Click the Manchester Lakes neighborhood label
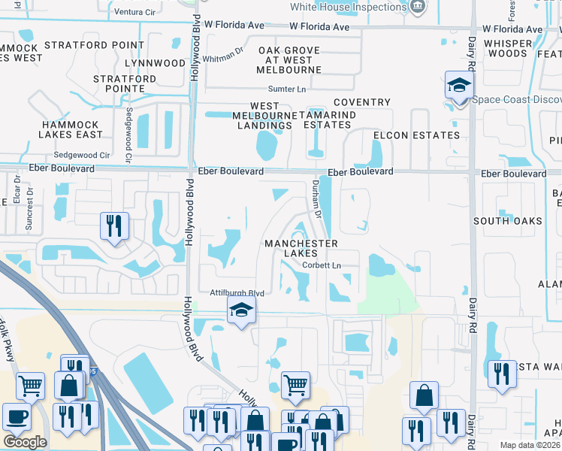[x=301, y=249]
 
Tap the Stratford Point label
[x=94, y=45]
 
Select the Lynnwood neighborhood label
[x=155, y=63]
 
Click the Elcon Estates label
[x=416, y=135]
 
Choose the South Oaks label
[x=508, y=221]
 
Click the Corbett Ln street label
[x=322, y=265]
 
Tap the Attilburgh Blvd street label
[x=231, y=293]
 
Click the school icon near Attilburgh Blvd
[x=241, y=310]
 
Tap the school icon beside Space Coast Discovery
[x=458, y=86]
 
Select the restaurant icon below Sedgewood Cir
[x=114, y=225]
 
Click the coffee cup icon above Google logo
[x=16, y=416]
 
